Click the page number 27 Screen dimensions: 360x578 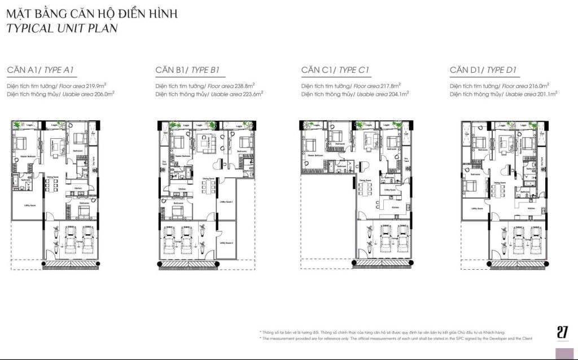tap(562, 332)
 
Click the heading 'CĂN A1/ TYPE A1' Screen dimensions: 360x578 tap(41, 70)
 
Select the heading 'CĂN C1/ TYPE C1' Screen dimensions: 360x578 tap(335, 70)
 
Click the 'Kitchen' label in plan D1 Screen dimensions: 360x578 tap(532, 208)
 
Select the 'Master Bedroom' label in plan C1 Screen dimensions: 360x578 tap(315, 155)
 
